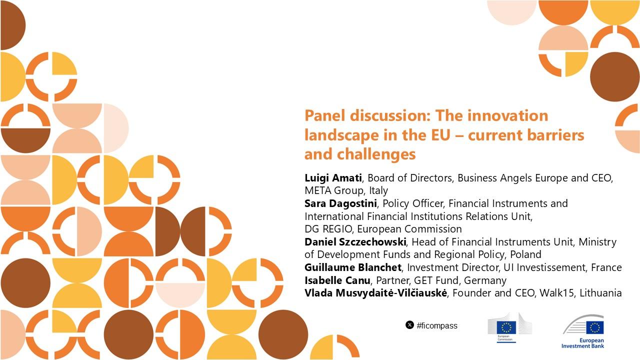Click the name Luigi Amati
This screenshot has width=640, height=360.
click(333, 178)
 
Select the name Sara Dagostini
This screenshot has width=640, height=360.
click(340, 203)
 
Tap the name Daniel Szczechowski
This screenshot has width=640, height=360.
click(355, 242)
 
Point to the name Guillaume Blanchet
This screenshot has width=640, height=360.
click(353, 267)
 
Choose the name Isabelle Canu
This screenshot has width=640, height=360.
click(337, 280)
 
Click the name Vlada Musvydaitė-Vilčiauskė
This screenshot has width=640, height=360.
click(375, 293)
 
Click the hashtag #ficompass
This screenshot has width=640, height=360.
click(437, 325)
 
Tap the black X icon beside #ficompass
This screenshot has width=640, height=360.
click(409, 325)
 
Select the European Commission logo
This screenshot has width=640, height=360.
click(509, 327)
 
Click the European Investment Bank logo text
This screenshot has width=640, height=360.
click(583, 343)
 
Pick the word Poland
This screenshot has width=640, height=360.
click(525, 254)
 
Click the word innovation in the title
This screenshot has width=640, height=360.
click(507, 115)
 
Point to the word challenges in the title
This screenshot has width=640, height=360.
click(376, 154)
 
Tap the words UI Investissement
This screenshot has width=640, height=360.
click(544, 267)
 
